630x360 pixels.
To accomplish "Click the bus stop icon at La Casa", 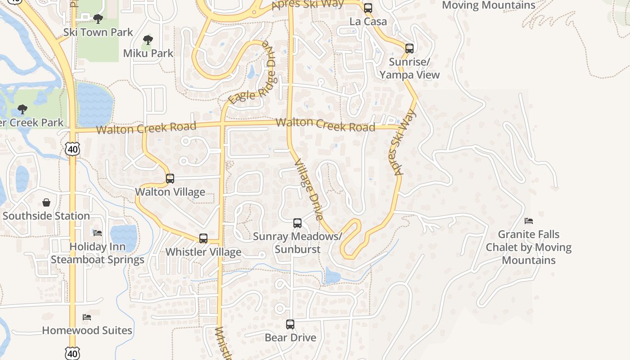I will [x=368, y=8].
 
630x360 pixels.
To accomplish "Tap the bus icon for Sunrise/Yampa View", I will [x=409, y=48].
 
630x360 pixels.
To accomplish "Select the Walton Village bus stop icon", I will [x=170, y=178].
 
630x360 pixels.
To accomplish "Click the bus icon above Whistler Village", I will [x=203, y=238].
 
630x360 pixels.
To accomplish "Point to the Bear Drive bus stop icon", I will [x=290, y=324].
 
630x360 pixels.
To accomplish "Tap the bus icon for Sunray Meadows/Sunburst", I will [x=297, y=223].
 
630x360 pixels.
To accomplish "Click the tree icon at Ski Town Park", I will [x=98, y=19].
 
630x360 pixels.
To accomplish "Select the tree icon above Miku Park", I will [x=148, y=40].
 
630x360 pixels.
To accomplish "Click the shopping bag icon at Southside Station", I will [x=46, y=202].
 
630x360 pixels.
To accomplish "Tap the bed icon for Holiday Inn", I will [x=98, y=233].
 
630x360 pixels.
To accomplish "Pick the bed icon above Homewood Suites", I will [x=87, y=317].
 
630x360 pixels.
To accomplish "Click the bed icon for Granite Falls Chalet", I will [x=529, y=221].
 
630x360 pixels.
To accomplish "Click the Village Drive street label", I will [x=309, y=189].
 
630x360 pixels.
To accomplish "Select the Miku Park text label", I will [x=148, y=53].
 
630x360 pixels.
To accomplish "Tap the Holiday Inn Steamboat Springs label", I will [x=97, y=253].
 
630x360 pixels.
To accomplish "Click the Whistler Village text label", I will [x=203, y=252].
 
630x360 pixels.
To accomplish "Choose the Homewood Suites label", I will [x=87, y=330].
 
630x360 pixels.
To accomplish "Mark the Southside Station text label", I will [x=46, y=216].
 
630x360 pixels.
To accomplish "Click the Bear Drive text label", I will [x=290, y=337].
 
